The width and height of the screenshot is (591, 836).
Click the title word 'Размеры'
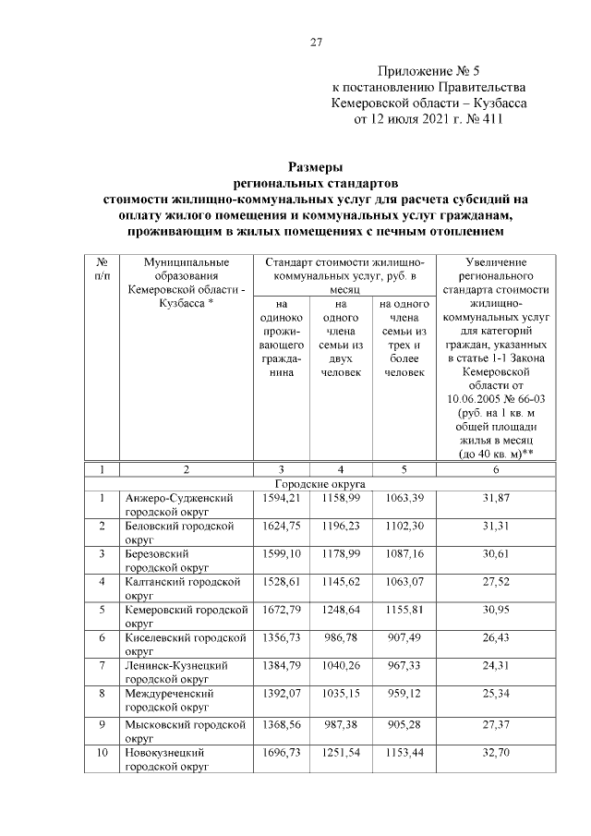[316, 167]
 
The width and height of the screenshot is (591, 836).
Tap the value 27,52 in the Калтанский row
[495, 582]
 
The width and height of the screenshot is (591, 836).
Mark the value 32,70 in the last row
[495, 754]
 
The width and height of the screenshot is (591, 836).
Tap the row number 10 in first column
[103, 754]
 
